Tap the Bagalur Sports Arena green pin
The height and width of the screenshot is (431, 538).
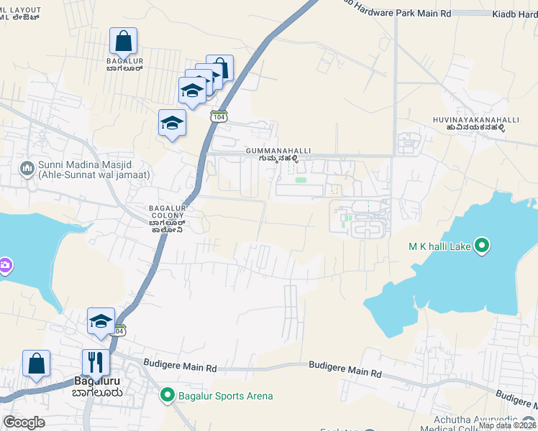[x=168, y=395]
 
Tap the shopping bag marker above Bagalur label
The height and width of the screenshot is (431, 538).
[x=124, y=42]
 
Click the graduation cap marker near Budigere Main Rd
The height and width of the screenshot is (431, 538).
[x=101, y=320]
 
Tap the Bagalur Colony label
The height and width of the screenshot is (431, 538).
[x=168, y=218]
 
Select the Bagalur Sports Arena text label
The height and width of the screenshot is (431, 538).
[x=225, y=396]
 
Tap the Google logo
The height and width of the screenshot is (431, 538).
[x=24, y=422]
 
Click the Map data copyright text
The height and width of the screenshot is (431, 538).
[x=508, y=425]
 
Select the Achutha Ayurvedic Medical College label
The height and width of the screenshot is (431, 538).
[x=485, y=424]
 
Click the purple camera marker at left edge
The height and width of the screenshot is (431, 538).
[x=4, y=266]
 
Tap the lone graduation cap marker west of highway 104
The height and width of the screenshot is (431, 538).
[x=172, y=123]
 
